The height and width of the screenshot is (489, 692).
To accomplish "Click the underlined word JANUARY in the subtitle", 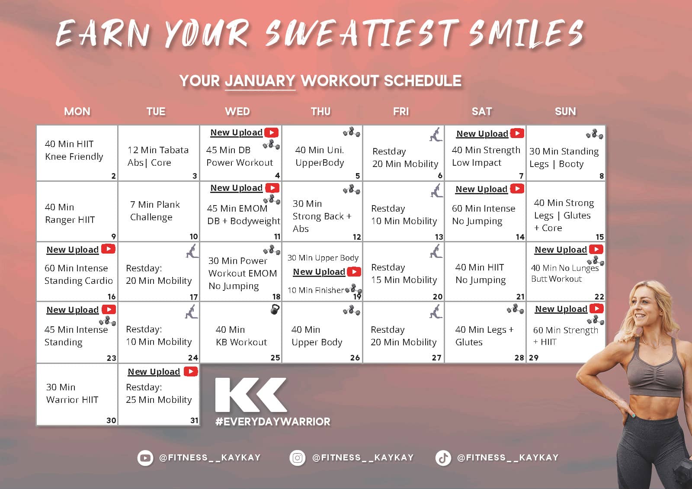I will pos(260,81).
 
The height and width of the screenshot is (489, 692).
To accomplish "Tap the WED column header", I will pos(237,111).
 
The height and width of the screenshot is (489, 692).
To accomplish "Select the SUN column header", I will pos(565,111).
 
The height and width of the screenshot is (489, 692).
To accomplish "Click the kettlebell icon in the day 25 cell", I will pos(275,309).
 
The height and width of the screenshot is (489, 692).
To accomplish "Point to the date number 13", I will pos(439,237).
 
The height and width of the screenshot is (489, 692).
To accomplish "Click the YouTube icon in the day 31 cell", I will pos(191,371).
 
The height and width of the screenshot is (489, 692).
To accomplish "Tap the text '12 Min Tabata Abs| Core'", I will pos(158,156).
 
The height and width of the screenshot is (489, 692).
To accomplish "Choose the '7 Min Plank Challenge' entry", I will pos(155,211).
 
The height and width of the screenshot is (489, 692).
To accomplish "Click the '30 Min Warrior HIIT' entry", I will pos(72,393).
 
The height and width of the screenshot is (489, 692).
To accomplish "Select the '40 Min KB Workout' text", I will pos(241,336).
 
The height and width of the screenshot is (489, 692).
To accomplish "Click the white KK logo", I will pos(251,395).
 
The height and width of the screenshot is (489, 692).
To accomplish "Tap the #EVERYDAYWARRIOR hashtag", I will pos(273,421).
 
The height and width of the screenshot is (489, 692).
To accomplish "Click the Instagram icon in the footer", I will pos(298,458).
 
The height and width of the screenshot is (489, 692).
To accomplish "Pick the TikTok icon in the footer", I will pos(443,458).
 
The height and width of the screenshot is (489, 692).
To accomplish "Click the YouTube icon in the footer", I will pos(145,458).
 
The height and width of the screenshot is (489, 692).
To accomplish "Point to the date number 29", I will pos(534,357).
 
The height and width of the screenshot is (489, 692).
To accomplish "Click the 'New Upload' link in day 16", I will pos(73,250).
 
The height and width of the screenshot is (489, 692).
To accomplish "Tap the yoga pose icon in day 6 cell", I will pos(436,135).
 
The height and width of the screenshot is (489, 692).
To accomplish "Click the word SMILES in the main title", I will pos(526,33).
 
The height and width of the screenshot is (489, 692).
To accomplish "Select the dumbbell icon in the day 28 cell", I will pos(515,309).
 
